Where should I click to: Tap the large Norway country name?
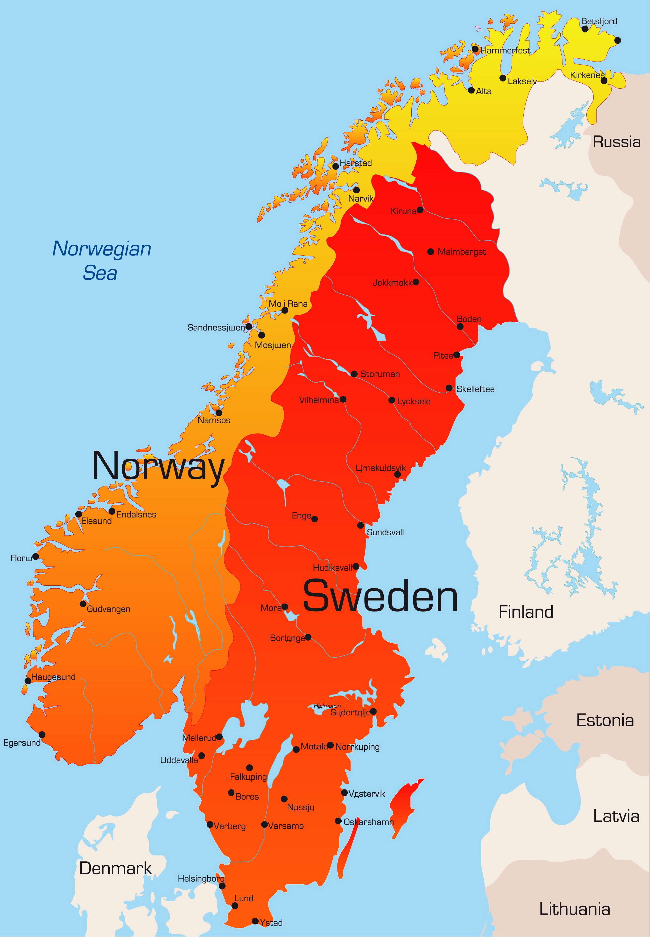click(158, 466)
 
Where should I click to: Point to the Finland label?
click(525, 612)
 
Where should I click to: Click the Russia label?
click(616, 142)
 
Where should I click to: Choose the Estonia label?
click(605, 720)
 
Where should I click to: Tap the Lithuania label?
click(574, 909)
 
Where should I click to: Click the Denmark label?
click(115, 868)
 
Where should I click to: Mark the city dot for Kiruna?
click(420, 210)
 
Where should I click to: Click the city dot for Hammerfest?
click(475, 49)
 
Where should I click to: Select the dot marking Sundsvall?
click(361, 525)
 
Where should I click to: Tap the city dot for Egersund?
click(42, 734)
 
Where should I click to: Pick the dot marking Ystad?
click(255, 921)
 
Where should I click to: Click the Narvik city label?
click(361, 199)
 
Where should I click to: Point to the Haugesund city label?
click(53, 677)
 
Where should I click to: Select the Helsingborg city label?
click(201, 878)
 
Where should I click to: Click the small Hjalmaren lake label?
click(327, 706)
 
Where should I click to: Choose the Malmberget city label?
click(461, 252)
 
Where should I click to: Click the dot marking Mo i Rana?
click(285, 310)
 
